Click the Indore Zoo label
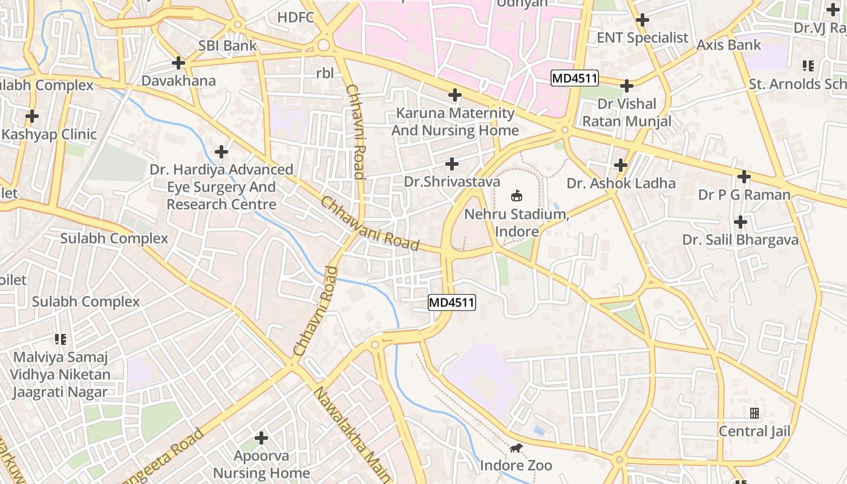pyautogui.click(x=516, y=465)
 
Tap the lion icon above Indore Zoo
pyautogui.click(x=516, y=448)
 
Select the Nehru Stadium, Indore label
pyautogui.click(x=517, y=223)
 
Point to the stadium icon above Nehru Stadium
pyautogui.click(x=517, y=195)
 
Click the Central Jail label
pyautogui.click(x=754, y=431)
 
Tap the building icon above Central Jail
pyautogui.click(x=754, y=413)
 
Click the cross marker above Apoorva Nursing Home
pyautogui.click(x=261, y=437)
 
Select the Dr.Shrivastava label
pyautogui.click(x=452, y=181)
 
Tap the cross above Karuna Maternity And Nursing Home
pyautogui.click(x=454, y=95)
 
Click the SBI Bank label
pyautogui.click(x=227, y=45)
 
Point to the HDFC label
pyautogui.click(x=296, y=17)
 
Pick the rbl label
pyautogui.click(x=325, y=73)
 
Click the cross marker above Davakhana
pyautogui.click(x=178, y=62)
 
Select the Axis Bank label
pyautogui.click(x=728, y=45)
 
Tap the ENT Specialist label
pyautogui.click(x=643, y=38)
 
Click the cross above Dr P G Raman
pyautogui.click(x=744, y=177)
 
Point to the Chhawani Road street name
pyautogui.click(x=370, y=224)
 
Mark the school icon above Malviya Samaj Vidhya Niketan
pyautogui.click(x=60, y=339)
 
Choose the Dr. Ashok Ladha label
pyautogui.click(x=621, y=183)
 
